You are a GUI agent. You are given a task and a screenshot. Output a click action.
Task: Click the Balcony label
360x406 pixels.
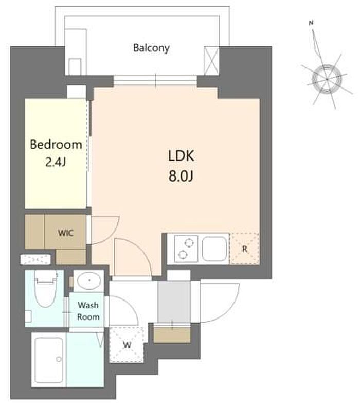click(151, 48)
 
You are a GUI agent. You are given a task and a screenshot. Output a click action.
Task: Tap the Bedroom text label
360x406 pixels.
click(56, 144)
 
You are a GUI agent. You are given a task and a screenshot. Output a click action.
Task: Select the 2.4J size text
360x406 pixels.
click(56, 162)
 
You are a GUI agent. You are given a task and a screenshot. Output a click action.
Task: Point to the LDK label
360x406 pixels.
click(181, 156)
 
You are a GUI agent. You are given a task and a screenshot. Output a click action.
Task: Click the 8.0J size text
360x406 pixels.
click(181, 176)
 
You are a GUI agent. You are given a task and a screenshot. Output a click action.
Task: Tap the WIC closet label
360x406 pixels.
click(65, 233)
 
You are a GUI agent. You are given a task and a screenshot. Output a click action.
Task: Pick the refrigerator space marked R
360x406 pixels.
click(245, 249)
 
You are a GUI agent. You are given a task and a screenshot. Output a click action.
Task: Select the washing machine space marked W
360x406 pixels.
click(127, 345)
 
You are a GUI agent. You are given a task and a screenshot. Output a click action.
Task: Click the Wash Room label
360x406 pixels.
click(88, 311)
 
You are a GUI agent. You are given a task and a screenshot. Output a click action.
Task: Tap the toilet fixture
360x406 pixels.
click(46, 288)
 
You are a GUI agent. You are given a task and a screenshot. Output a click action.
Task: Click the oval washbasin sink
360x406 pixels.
click(89, 280)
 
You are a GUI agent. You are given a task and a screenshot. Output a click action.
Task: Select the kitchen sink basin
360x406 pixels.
click(214, 249)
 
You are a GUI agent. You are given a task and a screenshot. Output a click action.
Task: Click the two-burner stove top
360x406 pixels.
click(186, 249)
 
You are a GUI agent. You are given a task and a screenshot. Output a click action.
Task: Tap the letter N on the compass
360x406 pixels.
click(311, 23)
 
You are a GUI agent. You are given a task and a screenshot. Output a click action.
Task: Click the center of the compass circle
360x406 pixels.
click(327, 79)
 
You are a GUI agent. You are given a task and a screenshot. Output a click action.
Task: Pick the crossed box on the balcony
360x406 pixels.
click(211, 61)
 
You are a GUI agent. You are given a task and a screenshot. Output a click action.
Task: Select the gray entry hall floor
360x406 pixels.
click(174, 302)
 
